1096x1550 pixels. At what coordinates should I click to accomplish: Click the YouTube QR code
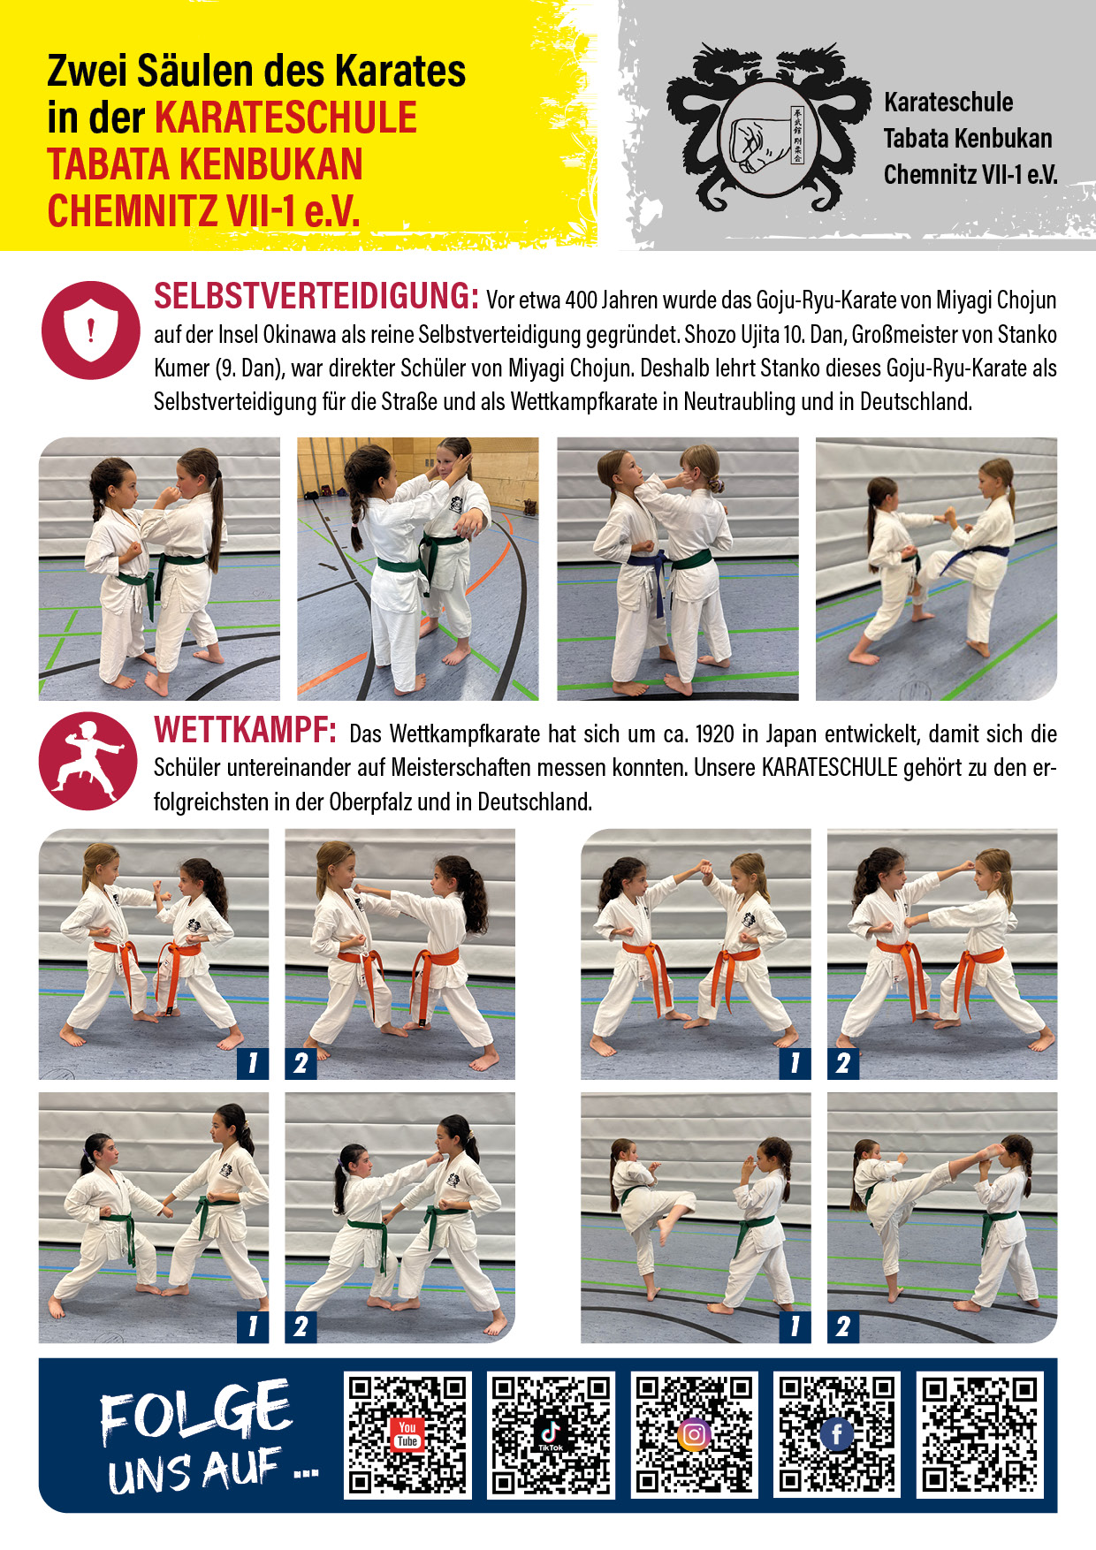tap(407, 1434)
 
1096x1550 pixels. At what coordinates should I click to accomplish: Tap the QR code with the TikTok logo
tap(551, 1434)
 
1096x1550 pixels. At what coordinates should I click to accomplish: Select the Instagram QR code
tap(694, 1434)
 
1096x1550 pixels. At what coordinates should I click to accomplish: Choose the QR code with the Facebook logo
tap(837, 1434)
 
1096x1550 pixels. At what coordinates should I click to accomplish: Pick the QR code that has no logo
tap(980, 1434)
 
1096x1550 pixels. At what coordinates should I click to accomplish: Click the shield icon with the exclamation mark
tap(90, 331)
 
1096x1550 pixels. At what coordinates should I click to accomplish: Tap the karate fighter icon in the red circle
tap(88, 761)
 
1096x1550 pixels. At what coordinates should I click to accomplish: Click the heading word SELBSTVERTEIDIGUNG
tap(316, 296)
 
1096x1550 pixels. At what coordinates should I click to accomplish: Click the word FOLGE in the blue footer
tap(195, 1411)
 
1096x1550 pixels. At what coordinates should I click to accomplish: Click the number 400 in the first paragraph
tap(582, 300)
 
